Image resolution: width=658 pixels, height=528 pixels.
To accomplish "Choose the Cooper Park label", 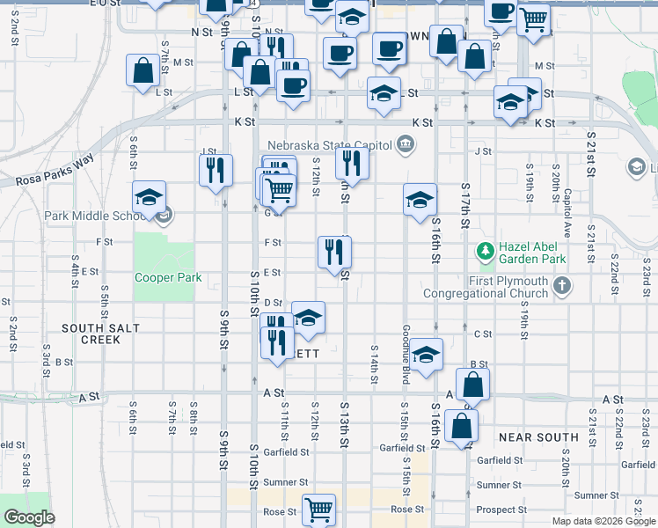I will pyautogui.click(x=168, y=278).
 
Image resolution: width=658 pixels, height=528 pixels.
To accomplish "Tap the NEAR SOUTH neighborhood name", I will pyautogui.click(x=538, y=437).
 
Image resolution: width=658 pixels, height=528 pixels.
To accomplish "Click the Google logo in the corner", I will pyautogui.click(x=29, y=517).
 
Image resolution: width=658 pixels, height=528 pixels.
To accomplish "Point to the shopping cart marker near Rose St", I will pyautogui.click(x=318, y=509).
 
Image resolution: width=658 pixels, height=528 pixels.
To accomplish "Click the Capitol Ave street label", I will pyautogui.click(x=568, y=207).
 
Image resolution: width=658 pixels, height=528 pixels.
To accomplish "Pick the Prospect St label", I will pyautogui.click(x=501, y=510).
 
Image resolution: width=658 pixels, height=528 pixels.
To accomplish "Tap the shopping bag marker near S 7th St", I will pyautogui.click(x=143, y=70).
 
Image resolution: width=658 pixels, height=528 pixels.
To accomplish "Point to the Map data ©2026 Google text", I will pyautogui.click(x=603, y=521).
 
